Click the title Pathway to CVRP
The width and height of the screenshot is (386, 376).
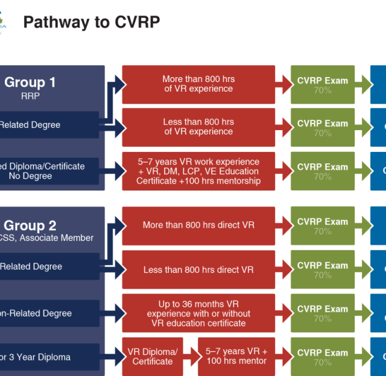point(92,22)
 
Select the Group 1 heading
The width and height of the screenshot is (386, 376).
point(30,83)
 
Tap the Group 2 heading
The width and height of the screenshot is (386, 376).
point(30,226)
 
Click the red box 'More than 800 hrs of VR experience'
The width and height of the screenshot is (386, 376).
point(198,84)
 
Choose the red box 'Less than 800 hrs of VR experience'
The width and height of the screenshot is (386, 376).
point(198,127)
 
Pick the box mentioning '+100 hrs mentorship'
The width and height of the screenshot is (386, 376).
point(198,171)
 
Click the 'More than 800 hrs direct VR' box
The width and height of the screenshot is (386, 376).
point(198,225)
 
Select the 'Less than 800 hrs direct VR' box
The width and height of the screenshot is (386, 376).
point(198,269)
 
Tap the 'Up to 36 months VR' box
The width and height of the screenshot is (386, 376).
point(198,313)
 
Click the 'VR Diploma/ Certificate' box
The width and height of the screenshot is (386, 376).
point(153,357)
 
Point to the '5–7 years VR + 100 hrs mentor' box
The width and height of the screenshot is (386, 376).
point(236,357)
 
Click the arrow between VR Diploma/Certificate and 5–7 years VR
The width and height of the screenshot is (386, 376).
point(190,357)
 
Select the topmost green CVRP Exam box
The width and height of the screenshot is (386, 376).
point(323,85)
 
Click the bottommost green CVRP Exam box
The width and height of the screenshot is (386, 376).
point(323,357)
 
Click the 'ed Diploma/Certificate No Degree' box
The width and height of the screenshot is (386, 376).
point(43,171)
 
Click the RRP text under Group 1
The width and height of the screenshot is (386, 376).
point(30,96)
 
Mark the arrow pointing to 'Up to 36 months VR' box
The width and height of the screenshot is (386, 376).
point(113,313)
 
